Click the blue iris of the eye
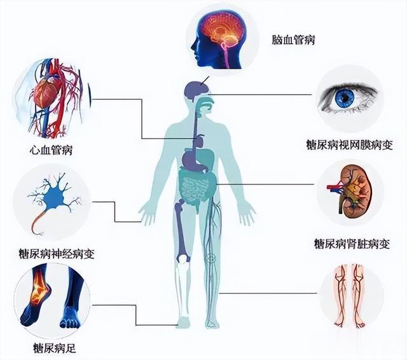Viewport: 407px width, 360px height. [344, 97]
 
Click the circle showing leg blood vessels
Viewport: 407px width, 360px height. [350, 295]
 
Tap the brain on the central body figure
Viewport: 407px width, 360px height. [195, 90]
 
